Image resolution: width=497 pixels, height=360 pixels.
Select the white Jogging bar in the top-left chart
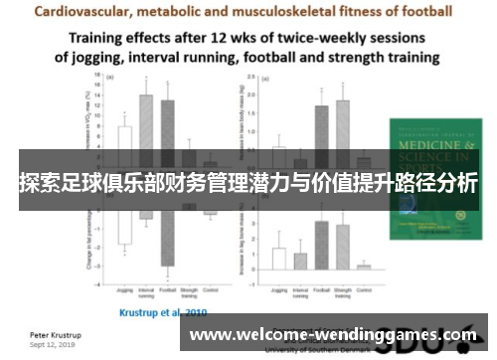point(125,140)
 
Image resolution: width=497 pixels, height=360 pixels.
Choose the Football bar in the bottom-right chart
point(321,245)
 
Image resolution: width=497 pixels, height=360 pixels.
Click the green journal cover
point(435,174)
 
